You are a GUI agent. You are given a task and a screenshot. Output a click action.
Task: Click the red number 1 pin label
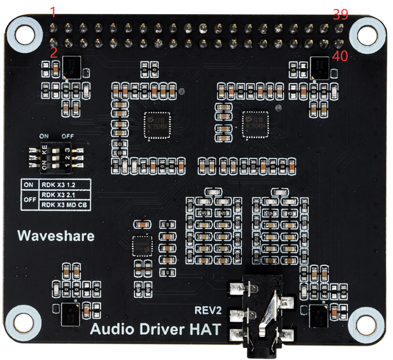coord(53,12)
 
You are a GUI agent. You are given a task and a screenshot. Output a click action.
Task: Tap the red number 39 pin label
coord(340,14)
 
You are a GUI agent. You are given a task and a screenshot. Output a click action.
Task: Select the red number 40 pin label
coord(341,56)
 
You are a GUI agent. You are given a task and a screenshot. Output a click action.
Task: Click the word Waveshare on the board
coord(56,236)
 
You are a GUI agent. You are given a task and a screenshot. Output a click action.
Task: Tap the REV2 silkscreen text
coord(208,310)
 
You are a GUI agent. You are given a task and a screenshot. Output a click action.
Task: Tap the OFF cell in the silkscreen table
coord(29,200)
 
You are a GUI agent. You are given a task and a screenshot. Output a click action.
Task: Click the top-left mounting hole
coord(23,35)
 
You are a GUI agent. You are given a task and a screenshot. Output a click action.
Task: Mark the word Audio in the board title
coord(111,329)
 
